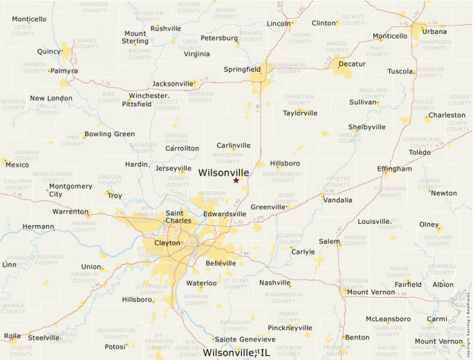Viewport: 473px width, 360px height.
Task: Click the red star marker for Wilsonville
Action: (x=236, y=180)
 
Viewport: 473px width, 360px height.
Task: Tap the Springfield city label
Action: (x=242, y=69)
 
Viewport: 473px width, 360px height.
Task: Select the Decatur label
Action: (x=352, y=64)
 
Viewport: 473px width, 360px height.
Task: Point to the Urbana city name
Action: (x=434, y=31)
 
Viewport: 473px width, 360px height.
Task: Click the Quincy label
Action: (x=50, y=51)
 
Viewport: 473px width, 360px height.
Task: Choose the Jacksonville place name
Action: (x=173, y=84)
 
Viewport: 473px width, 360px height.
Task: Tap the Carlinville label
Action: (x=234, y=145)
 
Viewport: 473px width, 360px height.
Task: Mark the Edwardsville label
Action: (x=225, y=214)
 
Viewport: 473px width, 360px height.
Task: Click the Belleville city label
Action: (x=221, y=263)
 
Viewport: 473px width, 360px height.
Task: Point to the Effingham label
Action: (x=394, y=169)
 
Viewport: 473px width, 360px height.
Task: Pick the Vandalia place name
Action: (x=337, y=200)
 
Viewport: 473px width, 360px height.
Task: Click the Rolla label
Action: (x=12, y=337)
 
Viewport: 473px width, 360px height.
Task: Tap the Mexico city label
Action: (x=17, y=164)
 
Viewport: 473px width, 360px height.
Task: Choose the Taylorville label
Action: (x=300, y=113)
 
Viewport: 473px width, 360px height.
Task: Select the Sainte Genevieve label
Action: (x=245, y=339)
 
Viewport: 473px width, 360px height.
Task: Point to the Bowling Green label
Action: (x=109, y=134)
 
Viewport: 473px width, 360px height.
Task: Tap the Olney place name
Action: (x=429, y=225)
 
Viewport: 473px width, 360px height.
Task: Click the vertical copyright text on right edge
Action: (x=469, y=319)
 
